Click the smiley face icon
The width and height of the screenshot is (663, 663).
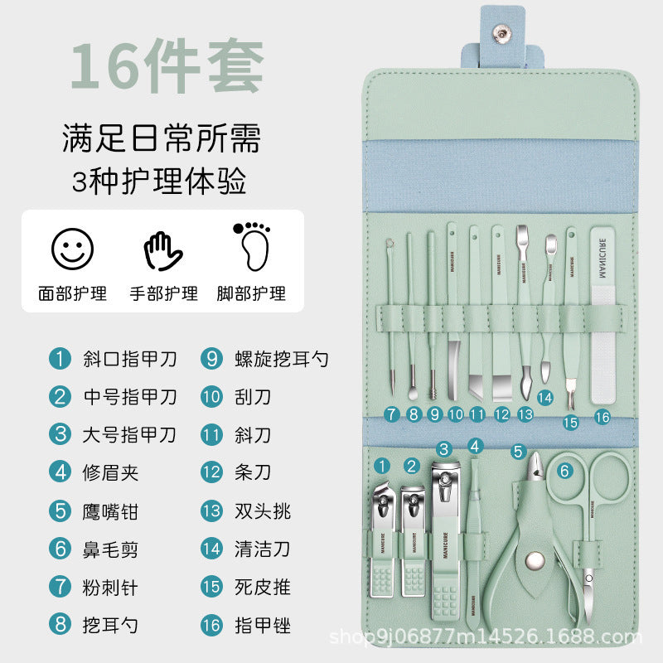(x=72, y=249)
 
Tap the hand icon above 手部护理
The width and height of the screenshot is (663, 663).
(x=163, y=251)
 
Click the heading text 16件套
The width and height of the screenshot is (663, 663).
(x=167, y=65)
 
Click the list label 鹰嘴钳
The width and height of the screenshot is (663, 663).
(x=111, y=511)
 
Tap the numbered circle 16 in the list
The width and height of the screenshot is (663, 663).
(x=211, y=626)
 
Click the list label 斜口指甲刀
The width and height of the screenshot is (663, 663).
(x=129, y=359)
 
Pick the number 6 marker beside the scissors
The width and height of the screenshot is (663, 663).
(x=565, y=472)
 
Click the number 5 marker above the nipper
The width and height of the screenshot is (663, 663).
(x=518, y=452)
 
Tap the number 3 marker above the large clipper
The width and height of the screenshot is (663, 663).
(x=444, y=450)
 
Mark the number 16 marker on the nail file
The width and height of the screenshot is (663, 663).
(x=603, y=417)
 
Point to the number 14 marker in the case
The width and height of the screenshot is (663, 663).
(x=544, y=398)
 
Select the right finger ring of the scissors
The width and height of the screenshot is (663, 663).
(x=612, y=481)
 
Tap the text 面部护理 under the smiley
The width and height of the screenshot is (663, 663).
(x=72, y=293)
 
